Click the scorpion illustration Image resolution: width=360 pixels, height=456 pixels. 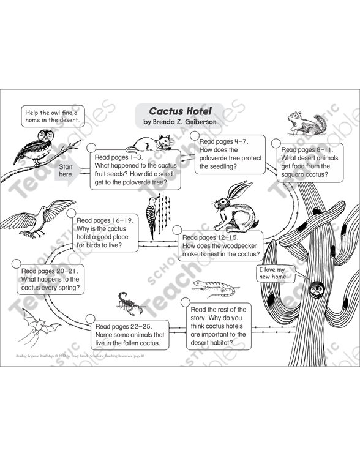pos(129,302)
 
